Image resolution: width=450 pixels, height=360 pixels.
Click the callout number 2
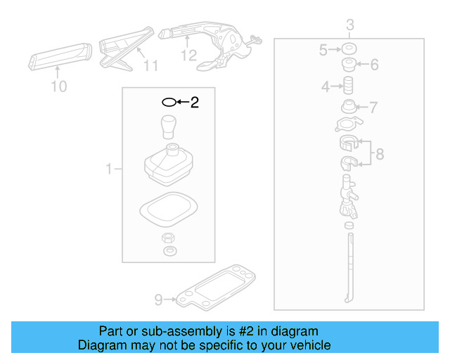tap(195, 103)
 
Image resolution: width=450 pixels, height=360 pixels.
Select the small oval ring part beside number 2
tap(169, 103)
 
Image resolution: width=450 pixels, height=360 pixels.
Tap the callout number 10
tap(59, 86)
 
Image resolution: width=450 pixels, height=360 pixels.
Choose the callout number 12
tap(189, 56)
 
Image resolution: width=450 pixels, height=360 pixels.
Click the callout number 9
tap(158, 300)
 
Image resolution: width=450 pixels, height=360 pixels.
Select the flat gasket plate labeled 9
tap(217, 289)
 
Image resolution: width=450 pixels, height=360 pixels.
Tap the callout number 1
tap(109, 169)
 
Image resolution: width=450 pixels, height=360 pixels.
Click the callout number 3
tap(349, 27)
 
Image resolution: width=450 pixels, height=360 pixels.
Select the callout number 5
tap(323, 50)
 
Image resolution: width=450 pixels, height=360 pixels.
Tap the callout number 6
tap(374, 65)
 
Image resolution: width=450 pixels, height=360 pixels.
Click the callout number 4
tap(326, 87)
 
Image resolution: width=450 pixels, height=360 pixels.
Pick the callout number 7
tap(373, 108)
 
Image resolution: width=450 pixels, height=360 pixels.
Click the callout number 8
tap(379, 154)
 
